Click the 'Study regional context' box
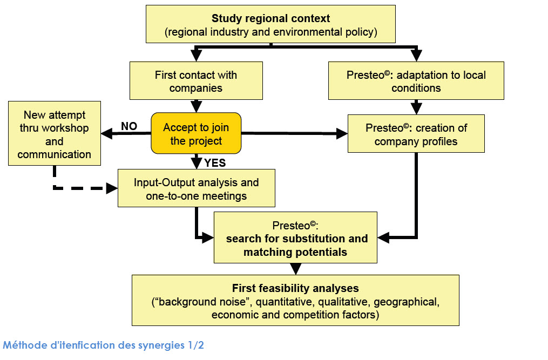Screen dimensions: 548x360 [x=270, y=24]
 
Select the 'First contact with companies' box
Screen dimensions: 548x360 [x=196, y=81]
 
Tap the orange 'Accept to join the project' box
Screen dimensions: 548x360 [x=196, y=133]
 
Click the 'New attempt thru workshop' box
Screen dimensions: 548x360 [x=55, y=133]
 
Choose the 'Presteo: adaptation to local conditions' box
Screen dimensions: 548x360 [x=416, y=81]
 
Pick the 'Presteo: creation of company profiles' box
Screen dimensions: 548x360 [x=416, y=133]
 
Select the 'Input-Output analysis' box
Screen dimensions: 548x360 [x=197, y=188]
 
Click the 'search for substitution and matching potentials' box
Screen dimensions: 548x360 [x=296, y=237]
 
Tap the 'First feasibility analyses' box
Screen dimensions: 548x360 [x=296, y=301]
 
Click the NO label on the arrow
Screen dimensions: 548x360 [x=129, y=126]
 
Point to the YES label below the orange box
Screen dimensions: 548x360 [x=215, y=163]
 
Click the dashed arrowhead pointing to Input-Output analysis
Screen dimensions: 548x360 [x=112, y=188]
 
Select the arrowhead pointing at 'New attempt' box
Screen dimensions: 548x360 [x=106, y=133]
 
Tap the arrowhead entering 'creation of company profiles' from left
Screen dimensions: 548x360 [x=342, y=133]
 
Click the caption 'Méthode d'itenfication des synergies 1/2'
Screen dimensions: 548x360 [x=104, y=345]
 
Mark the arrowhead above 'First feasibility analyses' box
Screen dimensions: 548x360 [x=296, y=269]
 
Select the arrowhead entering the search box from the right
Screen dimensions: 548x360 [x=383, y=237]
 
